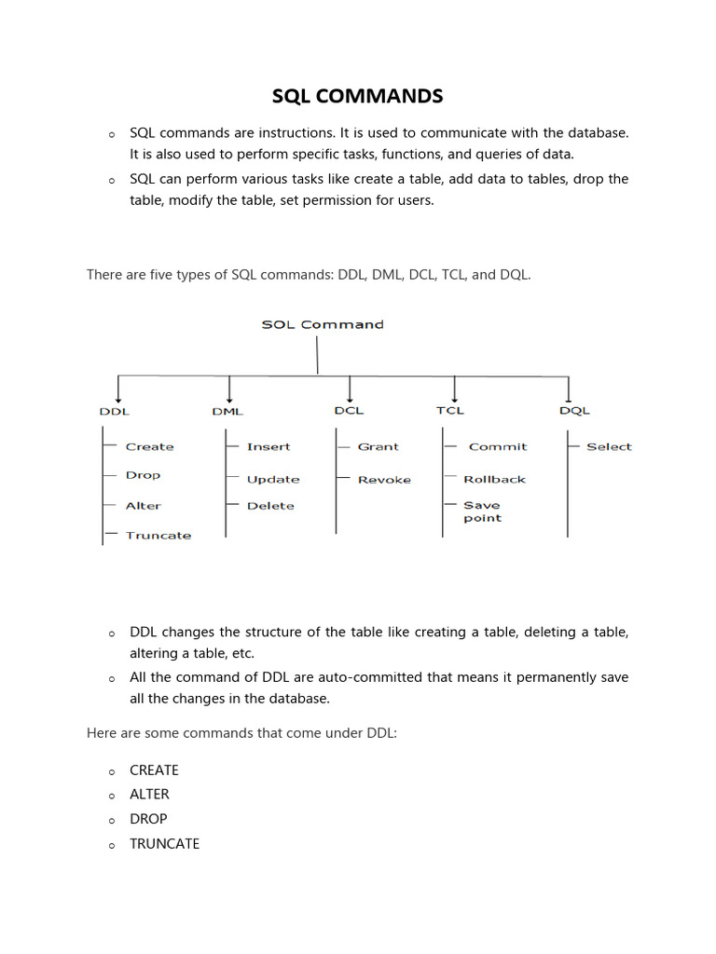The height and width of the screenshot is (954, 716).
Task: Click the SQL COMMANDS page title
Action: click(358, 96)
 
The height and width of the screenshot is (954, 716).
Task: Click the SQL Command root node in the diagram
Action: click(322, 324)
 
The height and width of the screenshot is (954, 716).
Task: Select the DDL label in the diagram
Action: click(114, 411)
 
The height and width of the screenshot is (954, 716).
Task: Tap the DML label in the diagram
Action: click(227, 411)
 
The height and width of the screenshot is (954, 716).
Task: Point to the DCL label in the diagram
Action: click(349, 410)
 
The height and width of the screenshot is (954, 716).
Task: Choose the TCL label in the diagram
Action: click(449, 410)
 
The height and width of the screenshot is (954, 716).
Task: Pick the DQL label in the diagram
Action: click(574, 411)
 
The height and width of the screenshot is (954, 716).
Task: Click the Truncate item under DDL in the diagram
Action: click(158, 536)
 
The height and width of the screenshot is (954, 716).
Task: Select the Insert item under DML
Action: click(268, 447)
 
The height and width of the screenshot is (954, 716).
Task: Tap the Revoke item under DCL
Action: click(384, 480)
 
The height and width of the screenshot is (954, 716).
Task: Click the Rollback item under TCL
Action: click(494, 480)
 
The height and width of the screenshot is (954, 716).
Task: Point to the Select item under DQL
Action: click(609, 447)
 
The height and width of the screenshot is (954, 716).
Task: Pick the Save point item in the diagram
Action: click(482, 511)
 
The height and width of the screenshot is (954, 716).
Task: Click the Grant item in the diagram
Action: click(378, 447)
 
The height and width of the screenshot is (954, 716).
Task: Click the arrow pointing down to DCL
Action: click(350, 388)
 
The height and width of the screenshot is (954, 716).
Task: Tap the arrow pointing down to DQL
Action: click(569, 388)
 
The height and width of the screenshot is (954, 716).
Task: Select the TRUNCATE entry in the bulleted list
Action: click(164, 843)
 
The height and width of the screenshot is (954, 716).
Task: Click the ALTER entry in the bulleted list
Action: click(149, 794)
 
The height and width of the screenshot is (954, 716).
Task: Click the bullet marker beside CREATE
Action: click(111, 771)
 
